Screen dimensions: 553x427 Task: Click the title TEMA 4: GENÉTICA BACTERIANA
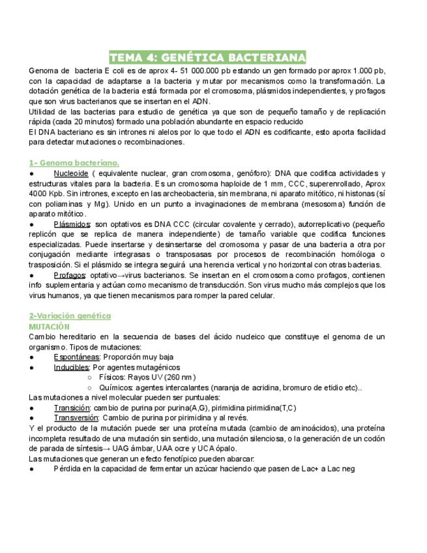[x=207, y=57]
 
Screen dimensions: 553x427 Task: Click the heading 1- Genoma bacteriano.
[x=74, y=162]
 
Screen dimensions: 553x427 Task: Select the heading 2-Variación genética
[x=70, y=316]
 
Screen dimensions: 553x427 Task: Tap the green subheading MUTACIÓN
[x=49, y=326]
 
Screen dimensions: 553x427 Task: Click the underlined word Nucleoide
[x=71, y=173]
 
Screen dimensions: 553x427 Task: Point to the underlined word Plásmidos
[x=72, y=224]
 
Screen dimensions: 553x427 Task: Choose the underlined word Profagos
[x=70, y=275]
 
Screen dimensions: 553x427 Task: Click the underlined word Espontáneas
[x=77, y=357]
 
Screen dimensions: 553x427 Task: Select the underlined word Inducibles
[x=72, y=367]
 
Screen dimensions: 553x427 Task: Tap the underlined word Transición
[x=72, y=408]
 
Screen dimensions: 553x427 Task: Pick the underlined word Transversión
[x=76, y=418]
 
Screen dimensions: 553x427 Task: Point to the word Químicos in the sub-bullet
[x=116, y=387]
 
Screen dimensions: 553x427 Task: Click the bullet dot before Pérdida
[x=32, y=469]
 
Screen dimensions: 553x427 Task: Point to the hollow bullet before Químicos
[x=89, y=387]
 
